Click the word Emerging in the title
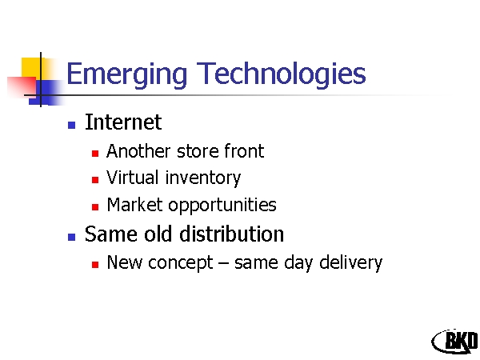[126, 74]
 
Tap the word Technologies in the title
[281, 74]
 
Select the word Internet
[123, 122]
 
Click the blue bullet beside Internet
[72, 125]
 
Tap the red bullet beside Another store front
[95, 153]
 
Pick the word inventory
[203, 178]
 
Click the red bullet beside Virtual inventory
[95, 180]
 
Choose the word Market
[134, 205]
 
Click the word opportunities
[222, 206]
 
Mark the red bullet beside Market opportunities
[95, 207]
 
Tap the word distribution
[232, 234]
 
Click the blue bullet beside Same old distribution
[72, 237]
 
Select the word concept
[181, 263]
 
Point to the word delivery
[351, 262]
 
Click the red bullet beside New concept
[95, 264]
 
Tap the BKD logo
[455, 341]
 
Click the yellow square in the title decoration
[30, 67]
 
